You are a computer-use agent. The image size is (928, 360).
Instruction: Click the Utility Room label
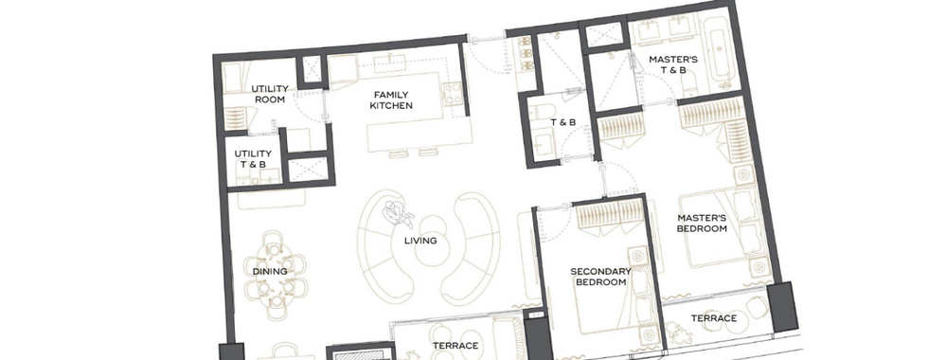pos(270,94)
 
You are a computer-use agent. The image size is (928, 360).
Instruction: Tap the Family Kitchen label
pos(391,100)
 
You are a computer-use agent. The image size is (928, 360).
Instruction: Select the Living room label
pos(420,241)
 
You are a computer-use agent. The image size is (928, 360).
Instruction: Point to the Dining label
pos(270,272)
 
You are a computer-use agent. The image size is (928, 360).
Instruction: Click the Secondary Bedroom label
pos(600,277)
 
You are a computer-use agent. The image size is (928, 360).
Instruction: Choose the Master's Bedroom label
pos(702,223)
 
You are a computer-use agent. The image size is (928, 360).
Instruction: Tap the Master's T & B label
pos(673,64)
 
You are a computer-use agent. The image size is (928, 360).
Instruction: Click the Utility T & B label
pos(253,159)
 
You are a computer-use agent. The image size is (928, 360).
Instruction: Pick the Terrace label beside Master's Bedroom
pos(714,318)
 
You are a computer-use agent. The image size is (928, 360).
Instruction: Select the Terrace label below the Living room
pos(455,346)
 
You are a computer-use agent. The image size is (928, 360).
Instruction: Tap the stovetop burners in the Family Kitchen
pos(454,94)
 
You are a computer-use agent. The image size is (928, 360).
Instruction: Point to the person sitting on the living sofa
pos(399,214)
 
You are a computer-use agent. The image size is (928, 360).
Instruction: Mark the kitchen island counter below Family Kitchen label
pos(419,136)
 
